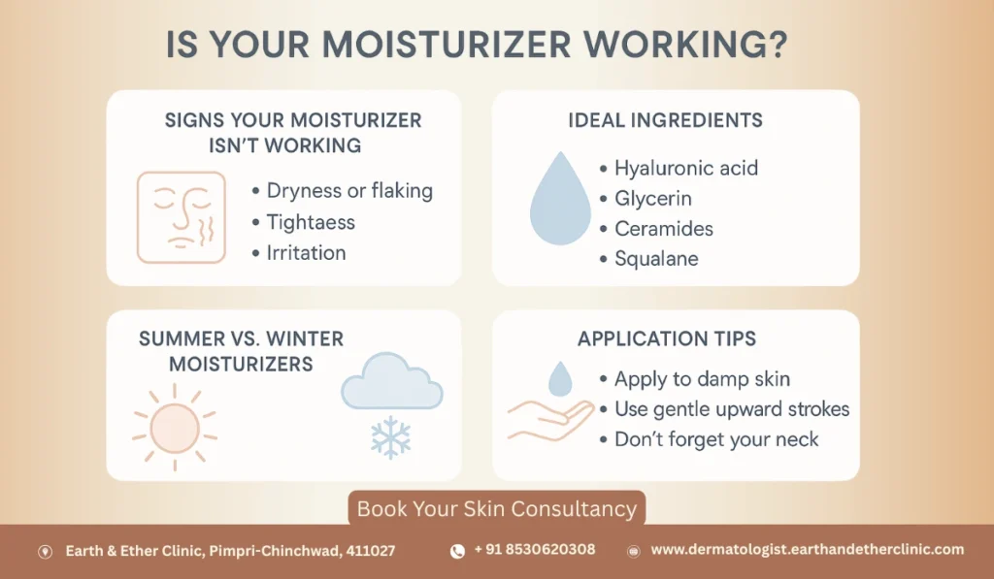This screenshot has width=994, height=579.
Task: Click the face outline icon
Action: pyautogui.click(x=181, y=217)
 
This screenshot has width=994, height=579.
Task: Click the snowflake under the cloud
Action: pyautogui.click(x=390, y=436)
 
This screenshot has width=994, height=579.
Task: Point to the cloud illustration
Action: pyautogui.click(x=391, y=384)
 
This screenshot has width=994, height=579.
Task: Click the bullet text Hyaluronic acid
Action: pyautogui.click(x=686, y=168)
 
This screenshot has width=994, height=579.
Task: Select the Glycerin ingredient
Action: pyautogui.click(x=655, y=199)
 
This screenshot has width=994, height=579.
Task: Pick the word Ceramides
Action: pyautogui.click(x=664, y=229)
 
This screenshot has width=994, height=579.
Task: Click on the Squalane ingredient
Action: pyautogui.click(x=656, y=259)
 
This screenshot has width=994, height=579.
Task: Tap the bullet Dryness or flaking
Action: pyautogui.click(x=349, y=191)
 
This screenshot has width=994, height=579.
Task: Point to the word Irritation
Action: pyautogui.click(x=306, y=252)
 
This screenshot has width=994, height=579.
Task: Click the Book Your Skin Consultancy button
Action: pyautogui.click(x=496, y=508)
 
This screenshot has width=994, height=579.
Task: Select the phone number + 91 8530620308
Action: pyautogui.click(x=535, y=550)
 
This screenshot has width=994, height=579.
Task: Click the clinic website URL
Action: pyautogui.click(x=808, y=550)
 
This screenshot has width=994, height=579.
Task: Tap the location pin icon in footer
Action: pyautogui.click(x=45, y=551)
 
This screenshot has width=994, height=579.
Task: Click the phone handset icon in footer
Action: pyautogui.click(x=457, y=551)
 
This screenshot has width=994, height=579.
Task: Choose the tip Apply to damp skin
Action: pyautogui.click(x=702, y=378)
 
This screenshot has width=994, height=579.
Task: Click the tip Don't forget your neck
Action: pyautogui.click(x=716, y=439)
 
